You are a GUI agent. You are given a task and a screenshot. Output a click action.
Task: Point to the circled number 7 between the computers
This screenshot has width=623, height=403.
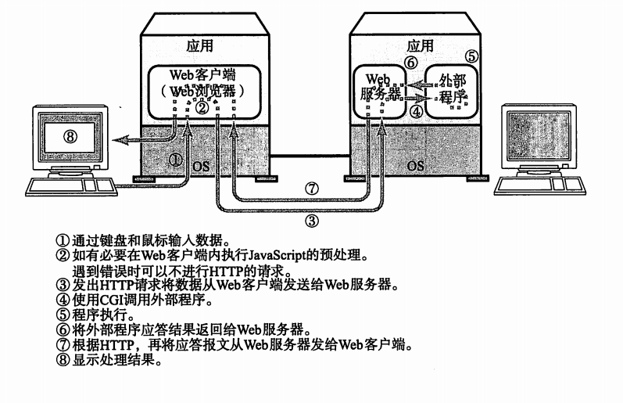pos(312,188)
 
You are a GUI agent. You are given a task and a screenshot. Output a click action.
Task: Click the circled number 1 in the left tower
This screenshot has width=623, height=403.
pos(177,159)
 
